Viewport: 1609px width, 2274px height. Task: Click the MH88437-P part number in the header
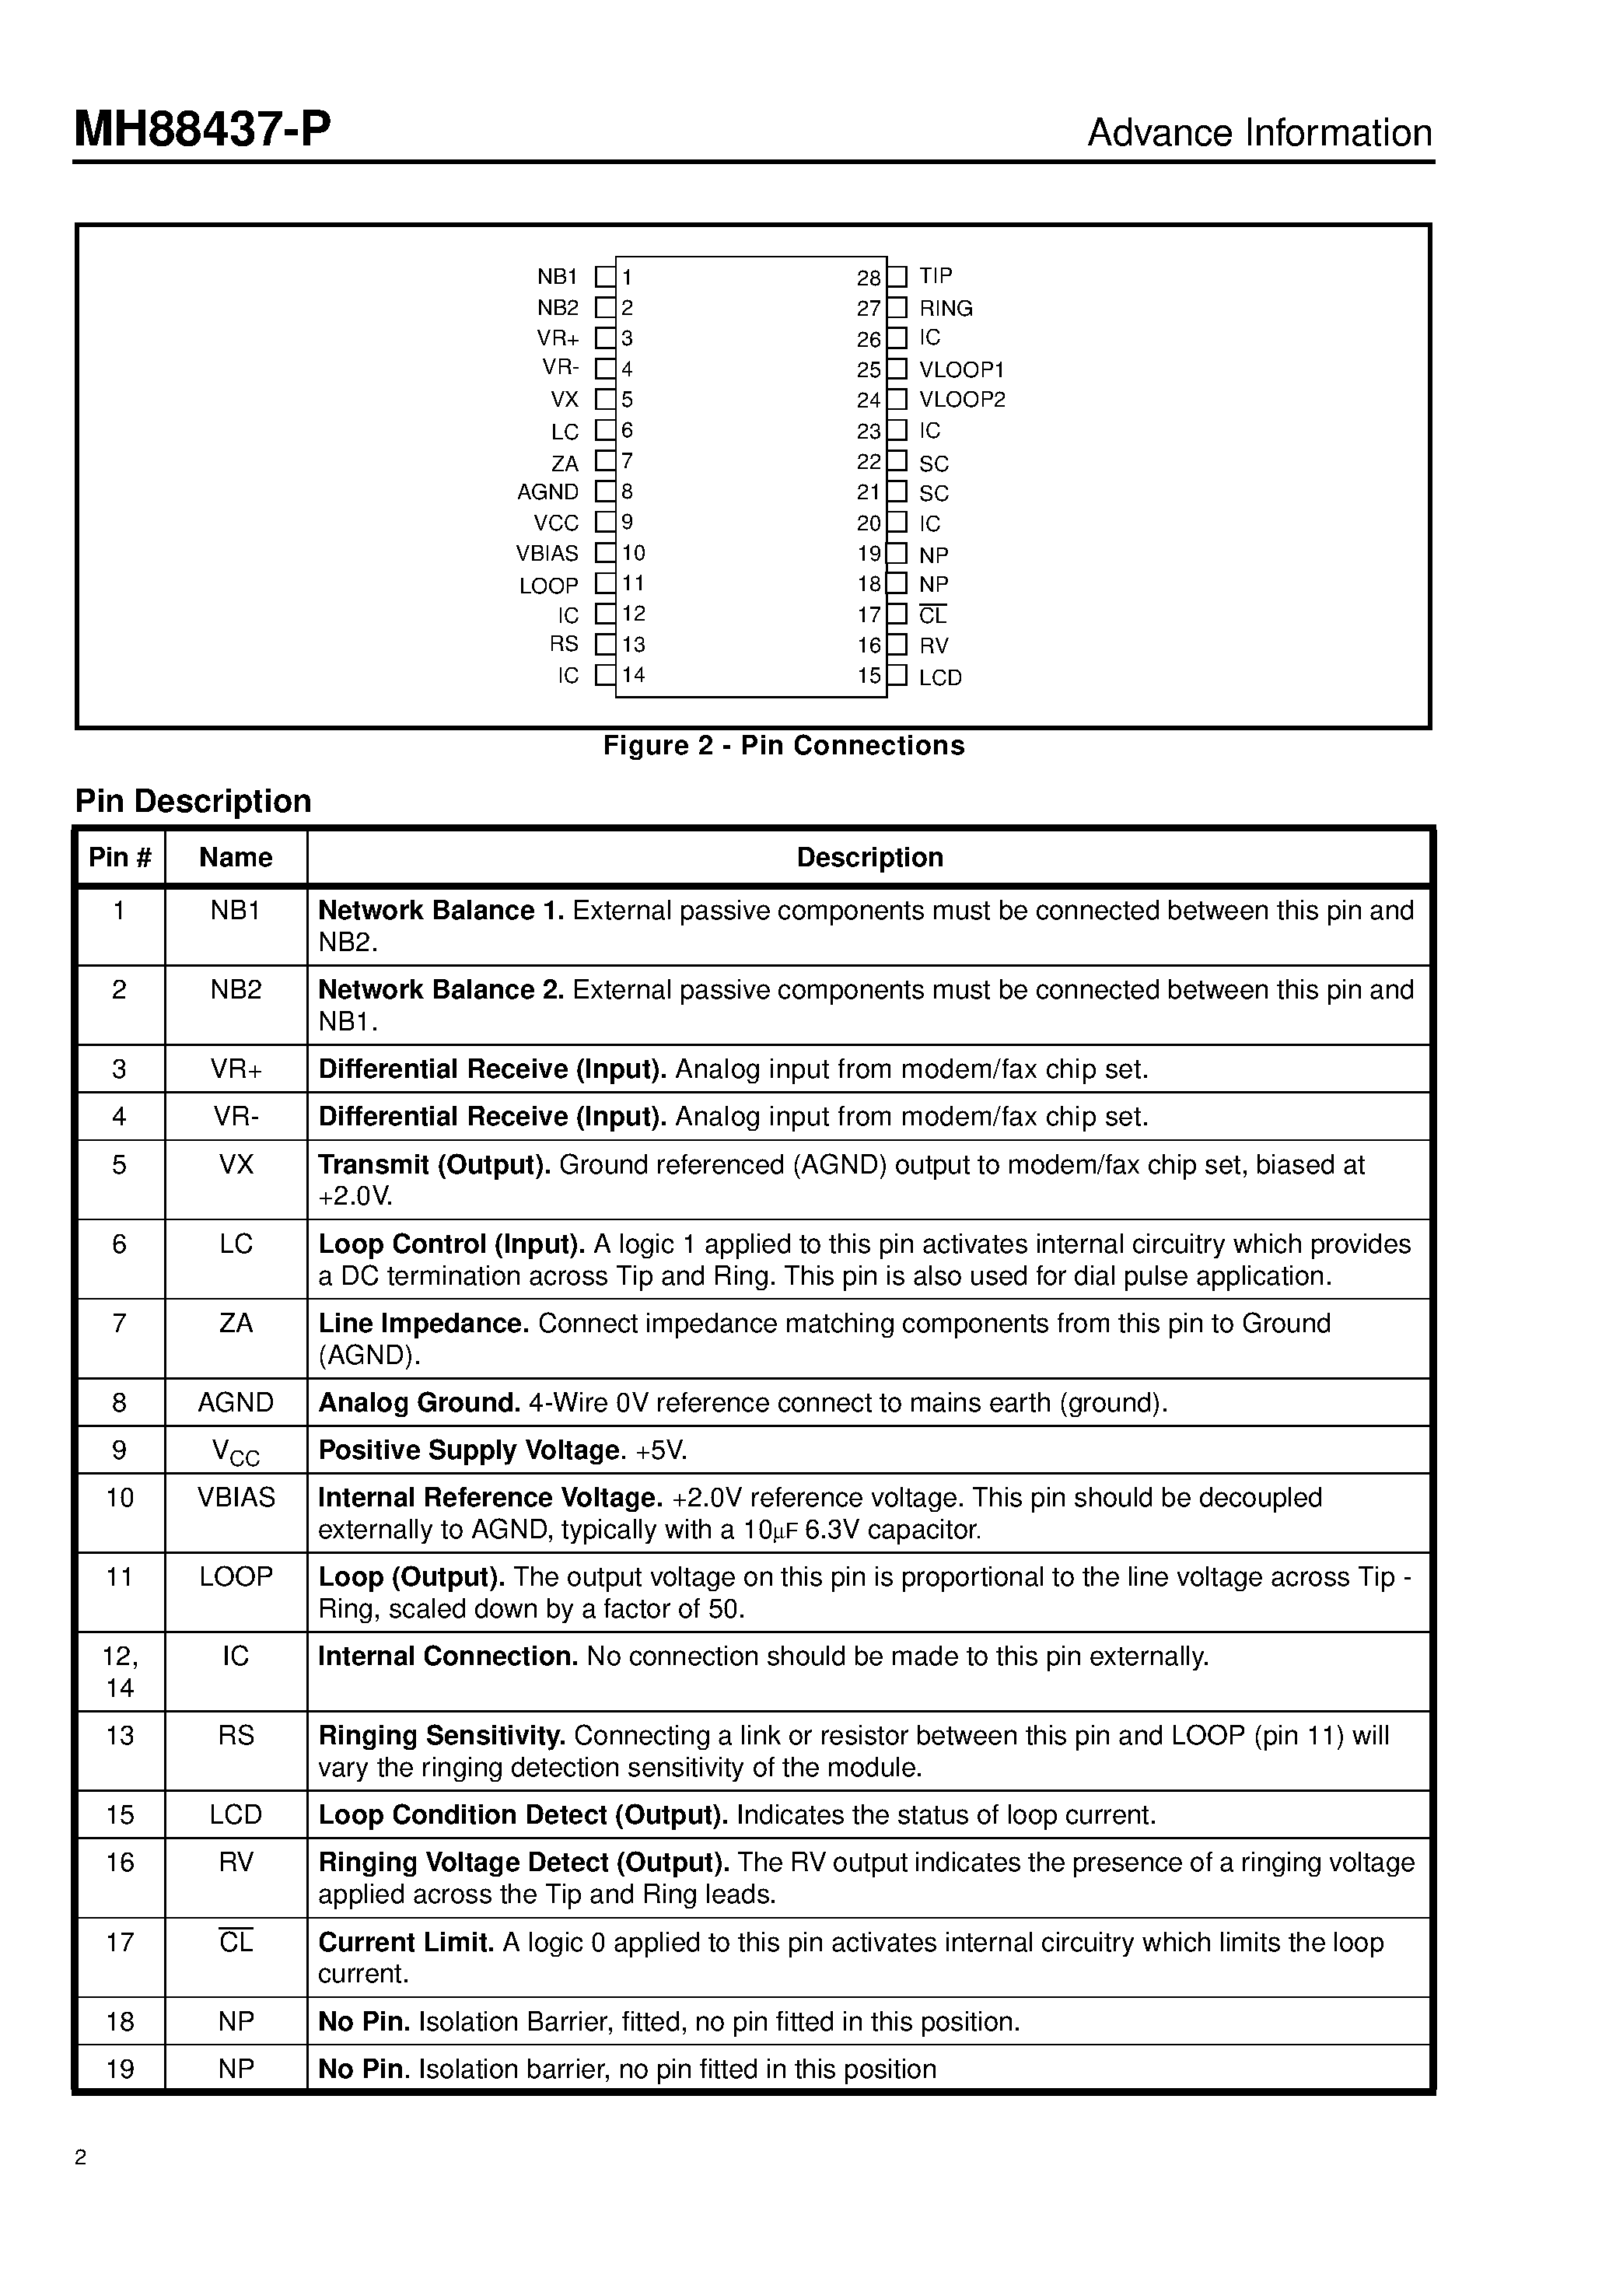click(202, 130)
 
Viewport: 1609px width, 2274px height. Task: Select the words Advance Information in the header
click(1258, 133)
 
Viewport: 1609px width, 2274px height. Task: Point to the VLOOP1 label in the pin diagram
click(961, 369)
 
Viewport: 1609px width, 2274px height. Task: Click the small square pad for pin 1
click(604, 278)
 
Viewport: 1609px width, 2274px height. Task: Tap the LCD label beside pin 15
click(939, 677)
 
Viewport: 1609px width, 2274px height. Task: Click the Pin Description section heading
click(193, 800)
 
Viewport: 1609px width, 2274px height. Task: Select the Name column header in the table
click(236, 857)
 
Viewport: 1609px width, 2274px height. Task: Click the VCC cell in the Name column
click(236, 1452)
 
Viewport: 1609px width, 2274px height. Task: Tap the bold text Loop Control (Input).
click(451, 1244)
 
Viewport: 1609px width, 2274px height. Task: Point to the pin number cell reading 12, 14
click(120, 1671)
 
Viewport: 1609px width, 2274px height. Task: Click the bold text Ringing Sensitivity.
click(441, 1735)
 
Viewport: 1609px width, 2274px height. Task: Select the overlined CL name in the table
click(236, 1942)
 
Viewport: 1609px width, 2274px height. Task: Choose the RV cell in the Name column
click(236, 1862)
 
